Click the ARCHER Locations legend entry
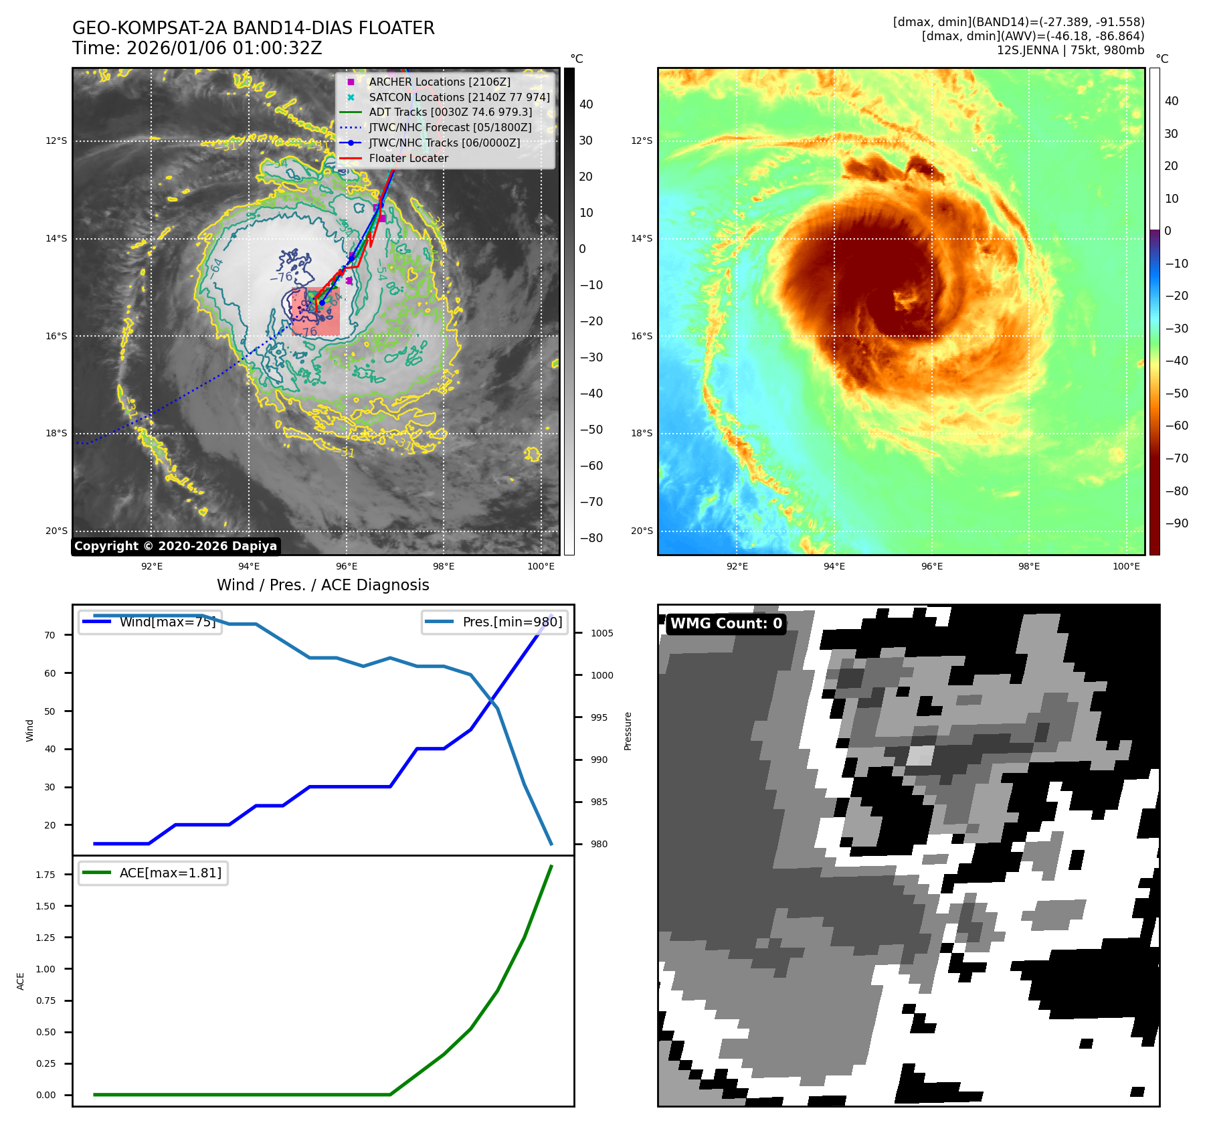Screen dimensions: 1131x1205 (x=439, y=82)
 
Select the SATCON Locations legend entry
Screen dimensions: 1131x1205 (x=459, y=97)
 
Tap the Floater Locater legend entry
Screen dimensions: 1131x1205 (x=408, y=158)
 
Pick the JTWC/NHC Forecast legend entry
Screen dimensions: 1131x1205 (x=450, y=127)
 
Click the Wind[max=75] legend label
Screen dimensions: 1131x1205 (x=167, y=622)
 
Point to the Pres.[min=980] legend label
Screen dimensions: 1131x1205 (x=512, y=622)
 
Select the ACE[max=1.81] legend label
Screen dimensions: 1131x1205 (x=170, y=873)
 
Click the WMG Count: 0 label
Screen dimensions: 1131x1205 (x=726, y=624)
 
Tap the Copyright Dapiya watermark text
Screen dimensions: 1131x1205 (x=175, y=546)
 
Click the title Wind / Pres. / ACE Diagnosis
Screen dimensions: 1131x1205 (x=322, y=585)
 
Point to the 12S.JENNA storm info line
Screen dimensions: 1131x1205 (x=1070, y=50)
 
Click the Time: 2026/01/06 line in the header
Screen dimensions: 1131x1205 (x=197, y=48)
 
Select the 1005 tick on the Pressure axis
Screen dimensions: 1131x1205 (x=601, y=633)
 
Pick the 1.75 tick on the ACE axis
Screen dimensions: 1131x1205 (x=45, y=875)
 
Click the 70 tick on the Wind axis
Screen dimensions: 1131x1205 (x=50, y=635)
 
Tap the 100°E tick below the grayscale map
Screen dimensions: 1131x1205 (x=541, y=566)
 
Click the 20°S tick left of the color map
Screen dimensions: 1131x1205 (x=641, y=531)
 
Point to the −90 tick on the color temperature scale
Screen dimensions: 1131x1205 (x=1176, y=523)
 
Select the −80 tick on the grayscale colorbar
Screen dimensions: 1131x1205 (x=591, y=538)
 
